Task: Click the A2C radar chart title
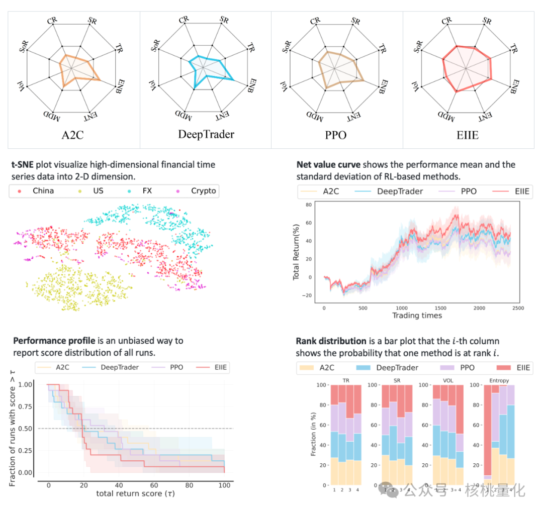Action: [x=74, y=135]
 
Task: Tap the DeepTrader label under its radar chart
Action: [x=206, y=134]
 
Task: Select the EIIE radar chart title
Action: [x=468, y=135]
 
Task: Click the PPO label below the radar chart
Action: [x=336, y=135]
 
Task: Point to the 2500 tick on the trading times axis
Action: [x=517, y=308]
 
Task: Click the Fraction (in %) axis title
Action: [x=314, y=432]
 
